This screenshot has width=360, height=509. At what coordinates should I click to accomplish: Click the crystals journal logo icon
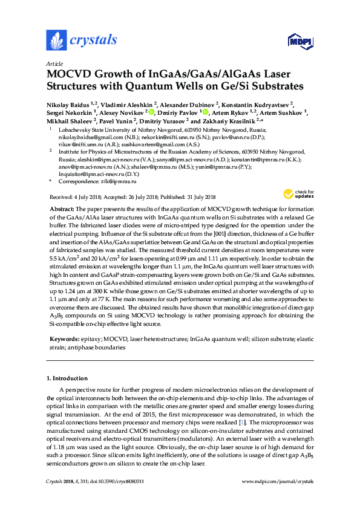pos(56,40)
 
